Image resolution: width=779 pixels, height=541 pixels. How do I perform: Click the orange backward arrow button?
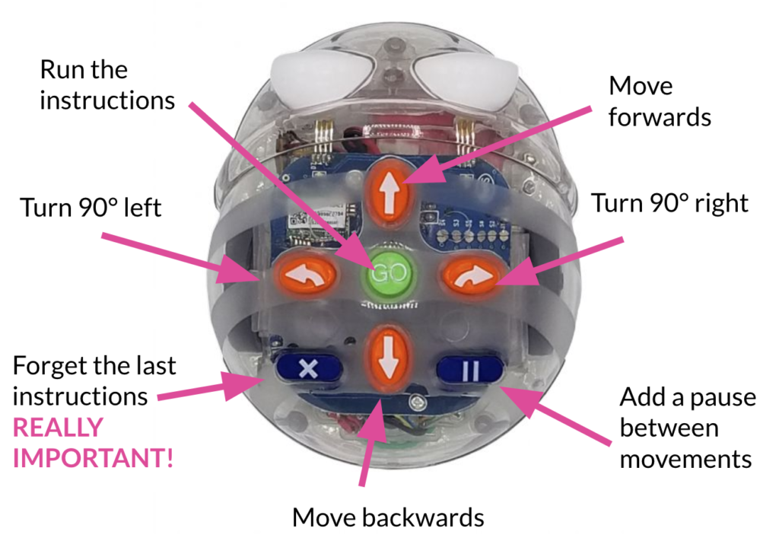click(390, 355)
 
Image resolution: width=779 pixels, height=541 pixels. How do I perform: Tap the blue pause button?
click(469, 371)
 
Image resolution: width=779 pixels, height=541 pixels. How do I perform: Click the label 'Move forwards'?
click(660, 101)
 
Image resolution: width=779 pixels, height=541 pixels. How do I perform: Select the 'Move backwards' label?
click(388, 518)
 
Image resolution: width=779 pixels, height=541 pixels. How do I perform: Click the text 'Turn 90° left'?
click(91, 207)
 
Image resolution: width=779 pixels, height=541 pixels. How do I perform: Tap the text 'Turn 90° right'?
click(669, 203)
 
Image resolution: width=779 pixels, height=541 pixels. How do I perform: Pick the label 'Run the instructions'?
click(107, 84)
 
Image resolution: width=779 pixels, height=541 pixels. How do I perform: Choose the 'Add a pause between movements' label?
click(685, 428)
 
